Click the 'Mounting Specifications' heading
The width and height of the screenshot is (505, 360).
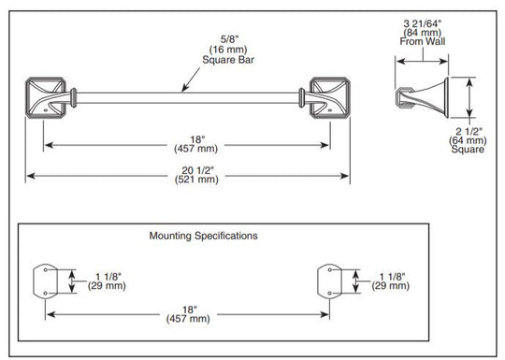point(203,236)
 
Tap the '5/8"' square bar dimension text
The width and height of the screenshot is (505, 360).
point(229,39)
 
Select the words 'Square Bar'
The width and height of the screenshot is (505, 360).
point(228,60)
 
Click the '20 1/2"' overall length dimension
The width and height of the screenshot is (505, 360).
point(197,170)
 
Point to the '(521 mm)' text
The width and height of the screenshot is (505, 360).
point(196,180)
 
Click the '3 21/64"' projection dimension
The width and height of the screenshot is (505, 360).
point(422,23)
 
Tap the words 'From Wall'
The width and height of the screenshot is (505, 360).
point(422,41)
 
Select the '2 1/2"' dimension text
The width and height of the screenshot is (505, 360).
point(469,132)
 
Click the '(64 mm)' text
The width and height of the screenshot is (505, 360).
point(468,140)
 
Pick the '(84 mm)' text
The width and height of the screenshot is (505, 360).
point(422,33)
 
